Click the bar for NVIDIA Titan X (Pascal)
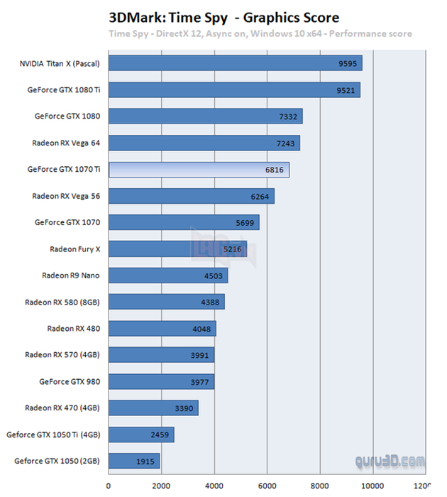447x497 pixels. click(235, 63)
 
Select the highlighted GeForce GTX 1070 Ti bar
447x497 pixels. click(199, 170)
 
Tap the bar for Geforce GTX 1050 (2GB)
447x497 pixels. click(134, 461)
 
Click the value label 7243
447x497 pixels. click(286, 143)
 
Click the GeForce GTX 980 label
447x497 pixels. click(69, 381)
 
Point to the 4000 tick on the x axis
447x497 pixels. click(214, 486)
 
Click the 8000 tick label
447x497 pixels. click(320, 486)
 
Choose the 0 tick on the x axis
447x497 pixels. click(109, 486)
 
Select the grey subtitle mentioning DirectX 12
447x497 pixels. click(260, 33)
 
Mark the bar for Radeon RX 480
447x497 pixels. click(162, 329)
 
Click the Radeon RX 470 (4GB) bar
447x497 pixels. click(153, 408)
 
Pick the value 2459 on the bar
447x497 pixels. click(160, 435)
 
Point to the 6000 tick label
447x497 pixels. click(267, 486)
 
